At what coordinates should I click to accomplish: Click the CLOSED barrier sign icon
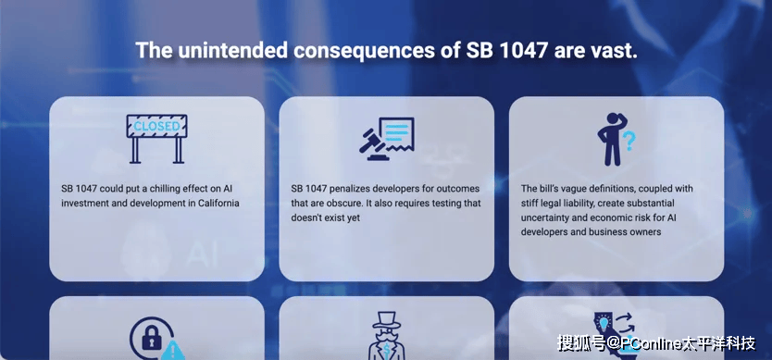pyautogui.click(x=156, y=139)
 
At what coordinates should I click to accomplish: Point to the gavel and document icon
pyautogui.click(x=387, y=139)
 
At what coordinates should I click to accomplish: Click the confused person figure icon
pyautogui.click(x=612, y=140)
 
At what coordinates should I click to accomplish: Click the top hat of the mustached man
pyautogui.click(x=386, y=320)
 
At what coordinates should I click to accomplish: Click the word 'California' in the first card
pyautogui.click(x=219, y=203)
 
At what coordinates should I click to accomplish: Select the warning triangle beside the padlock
pyautogui.click(x=172, y=351)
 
